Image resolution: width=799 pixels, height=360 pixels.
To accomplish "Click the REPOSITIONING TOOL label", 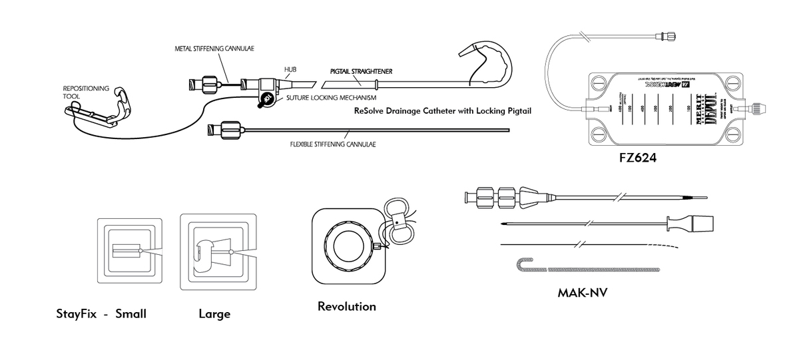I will [x=82, y=92].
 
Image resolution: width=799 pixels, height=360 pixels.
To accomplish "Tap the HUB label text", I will [x=290, y=69].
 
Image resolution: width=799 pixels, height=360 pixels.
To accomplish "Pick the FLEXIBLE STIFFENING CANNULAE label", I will [x=328, y=144].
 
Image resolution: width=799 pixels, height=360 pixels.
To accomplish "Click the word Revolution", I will [x=346, y=307].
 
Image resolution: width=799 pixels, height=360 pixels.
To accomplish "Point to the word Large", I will [x=214, y=313].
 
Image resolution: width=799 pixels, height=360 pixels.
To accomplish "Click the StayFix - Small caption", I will [x=101, y=313].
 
